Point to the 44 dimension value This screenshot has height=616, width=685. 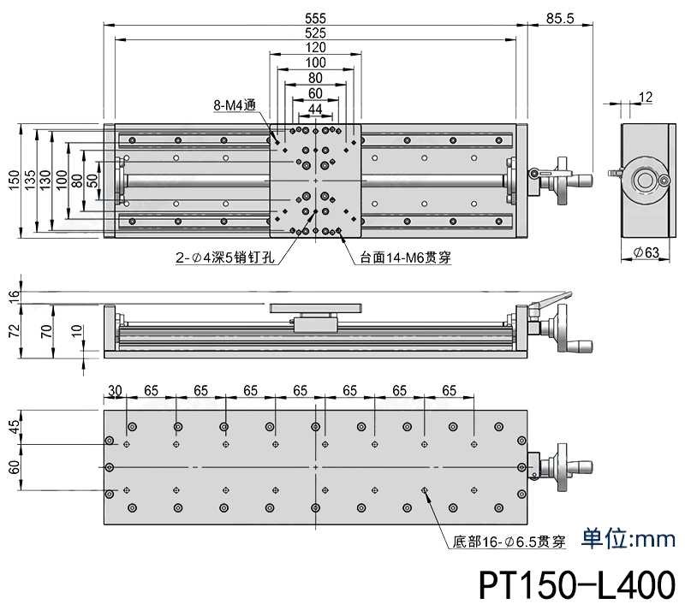(x=315, y=109)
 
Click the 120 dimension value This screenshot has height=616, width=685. (x=315, y=48)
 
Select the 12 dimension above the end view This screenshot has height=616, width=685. (x=646, y=98)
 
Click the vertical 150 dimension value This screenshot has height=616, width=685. (x=13, y=180)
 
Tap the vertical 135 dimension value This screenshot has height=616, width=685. (x=30, y=180)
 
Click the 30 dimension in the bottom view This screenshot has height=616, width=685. (x=116, y=390)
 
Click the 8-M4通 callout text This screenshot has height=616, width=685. (x=235, y=106)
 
